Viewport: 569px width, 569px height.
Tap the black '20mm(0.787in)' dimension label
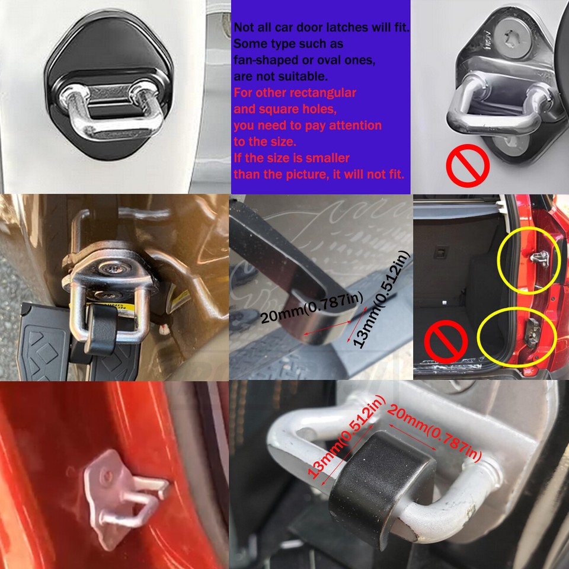pyautogui.click(x=311, y=309)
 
